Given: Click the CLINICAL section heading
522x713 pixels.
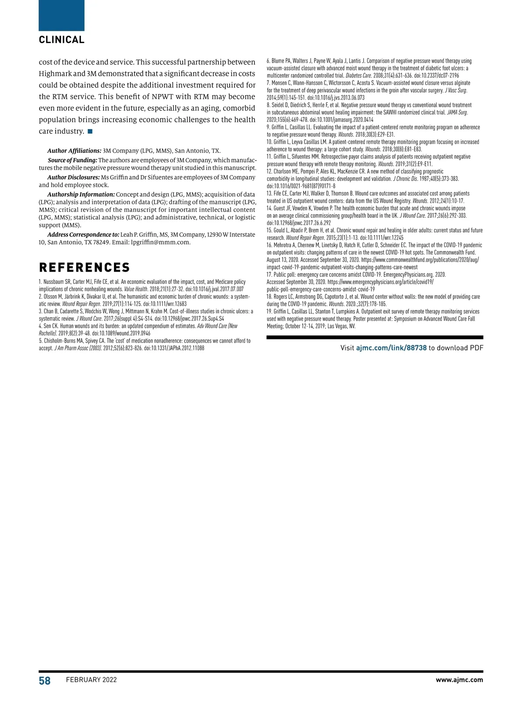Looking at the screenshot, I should coord(61,40).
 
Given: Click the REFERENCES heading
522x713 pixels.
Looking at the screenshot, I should coord(84,267).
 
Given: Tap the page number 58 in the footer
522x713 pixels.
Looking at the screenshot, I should coord(45,680).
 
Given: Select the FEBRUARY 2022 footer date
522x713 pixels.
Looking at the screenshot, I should coord(91,680).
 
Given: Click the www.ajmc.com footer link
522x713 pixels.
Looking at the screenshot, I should coord(459,680).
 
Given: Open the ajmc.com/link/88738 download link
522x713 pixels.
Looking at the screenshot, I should coord(391,348).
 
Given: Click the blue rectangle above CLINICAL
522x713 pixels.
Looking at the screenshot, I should coord(61,15).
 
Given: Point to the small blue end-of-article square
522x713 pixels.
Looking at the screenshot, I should coord(90,131).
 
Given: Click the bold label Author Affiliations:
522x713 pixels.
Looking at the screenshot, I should coord(74,151).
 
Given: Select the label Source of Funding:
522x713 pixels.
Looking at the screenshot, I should coord(72,161).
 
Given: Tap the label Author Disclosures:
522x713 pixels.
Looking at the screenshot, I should coord(74,178).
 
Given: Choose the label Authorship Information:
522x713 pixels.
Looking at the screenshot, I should coord(81,195).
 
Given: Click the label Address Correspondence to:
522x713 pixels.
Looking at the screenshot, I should coord(83,235).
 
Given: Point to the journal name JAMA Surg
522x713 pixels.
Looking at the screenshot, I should coord(457,113).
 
